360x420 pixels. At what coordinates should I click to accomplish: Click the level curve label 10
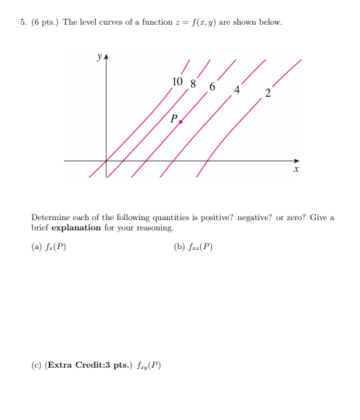(x=178, y=81)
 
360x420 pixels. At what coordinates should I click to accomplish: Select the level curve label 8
(x=192, y=83)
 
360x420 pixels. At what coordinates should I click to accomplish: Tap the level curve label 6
(x=212, y=87)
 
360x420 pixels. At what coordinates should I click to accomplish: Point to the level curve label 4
(x=237, y=90)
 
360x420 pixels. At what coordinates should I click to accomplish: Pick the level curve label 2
(x=268, y=93)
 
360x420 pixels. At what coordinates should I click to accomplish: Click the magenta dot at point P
(x=180, y=123)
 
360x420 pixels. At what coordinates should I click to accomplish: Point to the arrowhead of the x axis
(x=295, y=160)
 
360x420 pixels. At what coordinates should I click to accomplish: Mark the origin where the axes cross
(x=107, y=160)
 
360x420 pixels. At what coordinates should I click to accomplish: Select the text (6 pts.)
(x=44, y=23)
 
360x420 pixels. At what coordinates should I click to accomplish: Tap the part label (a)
(x=37, y=246)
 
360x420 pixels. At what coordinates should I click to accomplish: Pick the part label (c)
(x=36, y=365)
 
